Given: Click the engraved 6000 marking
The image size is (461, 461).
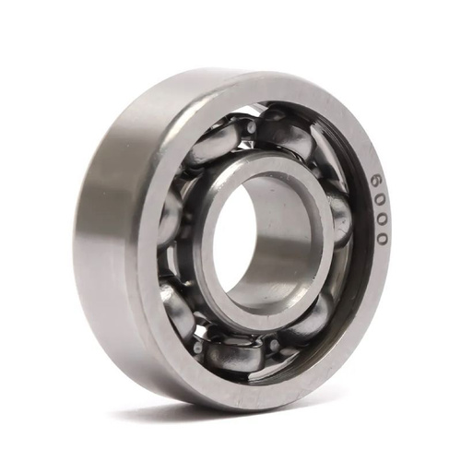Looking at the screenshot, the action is [x=380, y=209].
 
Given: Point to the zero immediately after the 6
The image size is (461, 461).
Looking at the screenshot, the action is [x=379, y=200].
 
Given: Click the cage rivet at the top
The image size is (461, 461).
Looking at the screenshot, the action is [x=252, y=126].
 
